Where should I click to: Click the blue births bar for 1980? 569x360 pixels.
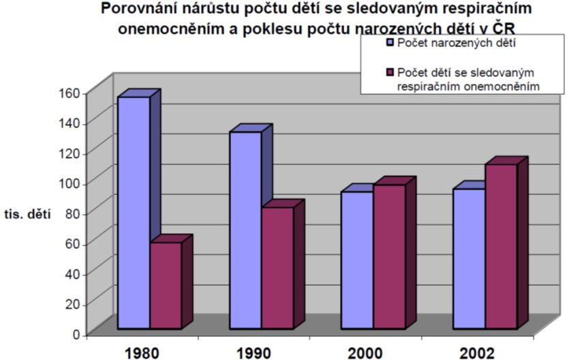[x=134, y=211]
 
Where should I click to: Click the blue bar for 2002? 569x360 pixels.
[x=468, y=258]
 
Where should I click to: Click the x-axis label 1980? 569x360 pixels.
[x=141, y=352]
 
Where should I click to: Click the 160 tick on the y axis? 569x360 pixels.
[x=71, y=92]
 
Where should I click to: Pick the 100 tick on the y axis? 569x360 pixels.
[x=71, y=183]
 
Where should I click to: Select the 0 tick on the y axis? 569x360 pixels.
[x=76, y=334]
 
